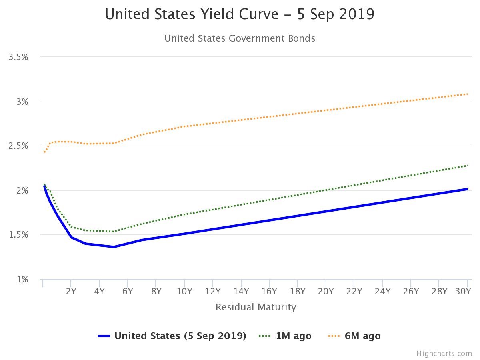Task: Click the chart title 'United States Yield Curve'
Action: click(x=240, y=14)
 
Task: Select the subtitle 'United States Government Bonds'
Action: click(x=240, y=38)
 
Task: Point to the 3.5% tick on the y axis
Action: click(x=18, y=57)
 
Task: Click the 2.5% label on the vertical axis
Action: click(x=18, y=146)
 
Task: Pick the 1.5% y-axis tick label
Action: click(x=18, y=235)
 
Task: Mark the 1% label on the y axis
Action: click(x=22, y=279)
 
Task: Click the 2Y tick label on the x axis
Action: click(x=71, y=291)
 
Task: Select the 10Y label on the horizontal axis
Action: click(x=184, y=291)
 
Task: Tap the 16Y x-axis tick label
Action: click(x=269, y=291)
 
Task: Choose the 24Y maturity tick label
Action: click(x=382, y=291)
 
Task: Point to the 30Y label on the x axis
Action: click(x=463, y=291)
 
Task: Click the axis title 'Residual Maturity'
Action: click(x=256, y=307)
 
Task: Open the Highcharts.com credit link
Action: click(x=444, y=354)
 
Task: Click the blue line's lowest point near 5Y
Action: click(x=114, y=247)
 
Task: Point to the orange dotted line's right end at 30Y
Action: click(x=467, y=94)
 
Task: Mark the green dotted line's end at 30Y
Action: click(x=467, y=165)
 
